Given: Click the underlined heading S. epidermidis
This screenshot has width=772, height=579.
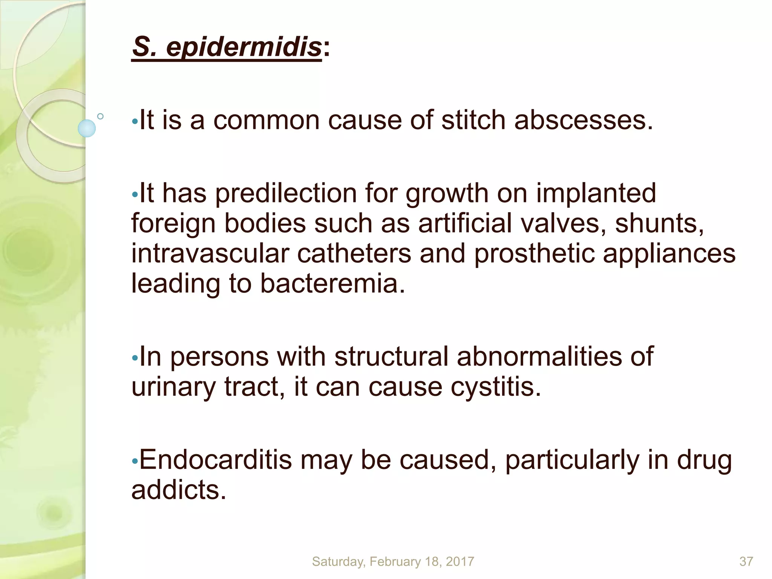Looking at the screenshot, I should coord(227,48).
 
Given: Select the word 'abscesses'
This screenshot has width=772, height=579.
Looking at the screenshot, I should coord(583,120).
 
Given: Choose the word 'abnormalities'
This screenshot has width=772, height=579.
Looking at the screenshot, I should coord(555,356).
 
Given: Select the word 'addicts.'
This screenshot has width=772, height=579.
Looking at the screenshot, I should coord(179,490).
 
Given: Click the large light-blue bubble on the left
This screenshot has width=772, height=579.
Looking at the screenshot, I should coord(87,128).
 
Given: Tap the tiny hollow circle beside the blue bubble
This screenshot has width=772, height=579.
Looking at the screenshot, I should coord(100,116).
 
